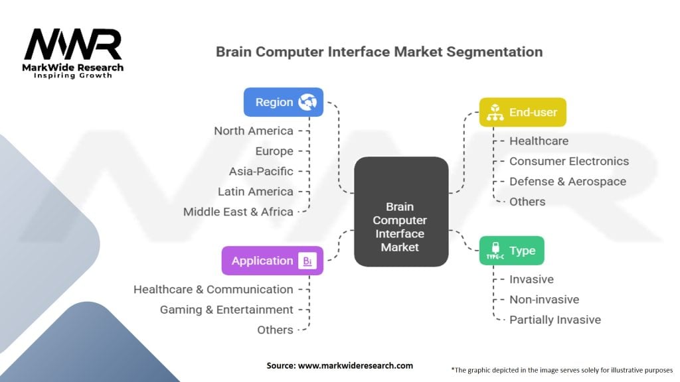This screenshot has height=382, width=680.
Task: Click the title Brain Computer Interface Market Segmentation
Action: point(379,52)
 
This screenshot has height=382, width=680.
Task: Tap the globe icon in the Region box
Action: point(307,102)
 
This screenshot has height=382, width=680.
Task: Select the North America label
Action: point(253,131)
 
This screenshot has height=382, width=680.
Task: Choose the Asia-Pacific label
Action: point(260,171)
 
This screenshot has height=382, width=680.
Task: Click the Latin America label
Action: point(255,192)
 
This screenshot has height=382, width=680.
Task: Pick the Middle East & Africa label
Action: point(238,212)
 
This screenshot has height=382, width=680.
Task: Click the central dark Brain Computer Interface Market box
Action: point(400,212)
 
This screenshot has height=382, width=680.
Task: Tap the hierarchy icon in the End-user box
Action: point(495,113)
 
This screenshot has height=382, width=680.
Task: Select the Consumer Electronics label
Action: point(568,161)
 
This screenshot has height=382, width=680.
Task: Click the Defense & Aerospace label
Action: point(567,181)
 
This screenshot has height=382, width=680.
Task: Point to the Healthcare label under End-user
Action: point(539,141)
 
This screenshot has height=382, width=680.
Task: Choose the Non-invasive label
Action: point(544,300)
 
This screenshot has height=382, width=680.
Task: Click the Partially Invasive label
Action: point(554,320)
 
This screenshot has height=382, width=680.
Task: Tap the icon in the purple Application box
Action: point(307,261)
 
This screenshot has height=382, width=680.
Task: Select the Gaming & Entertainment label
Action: point(226,310)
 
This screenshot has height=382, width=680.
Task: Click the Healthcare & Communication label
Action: point(213,289)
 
